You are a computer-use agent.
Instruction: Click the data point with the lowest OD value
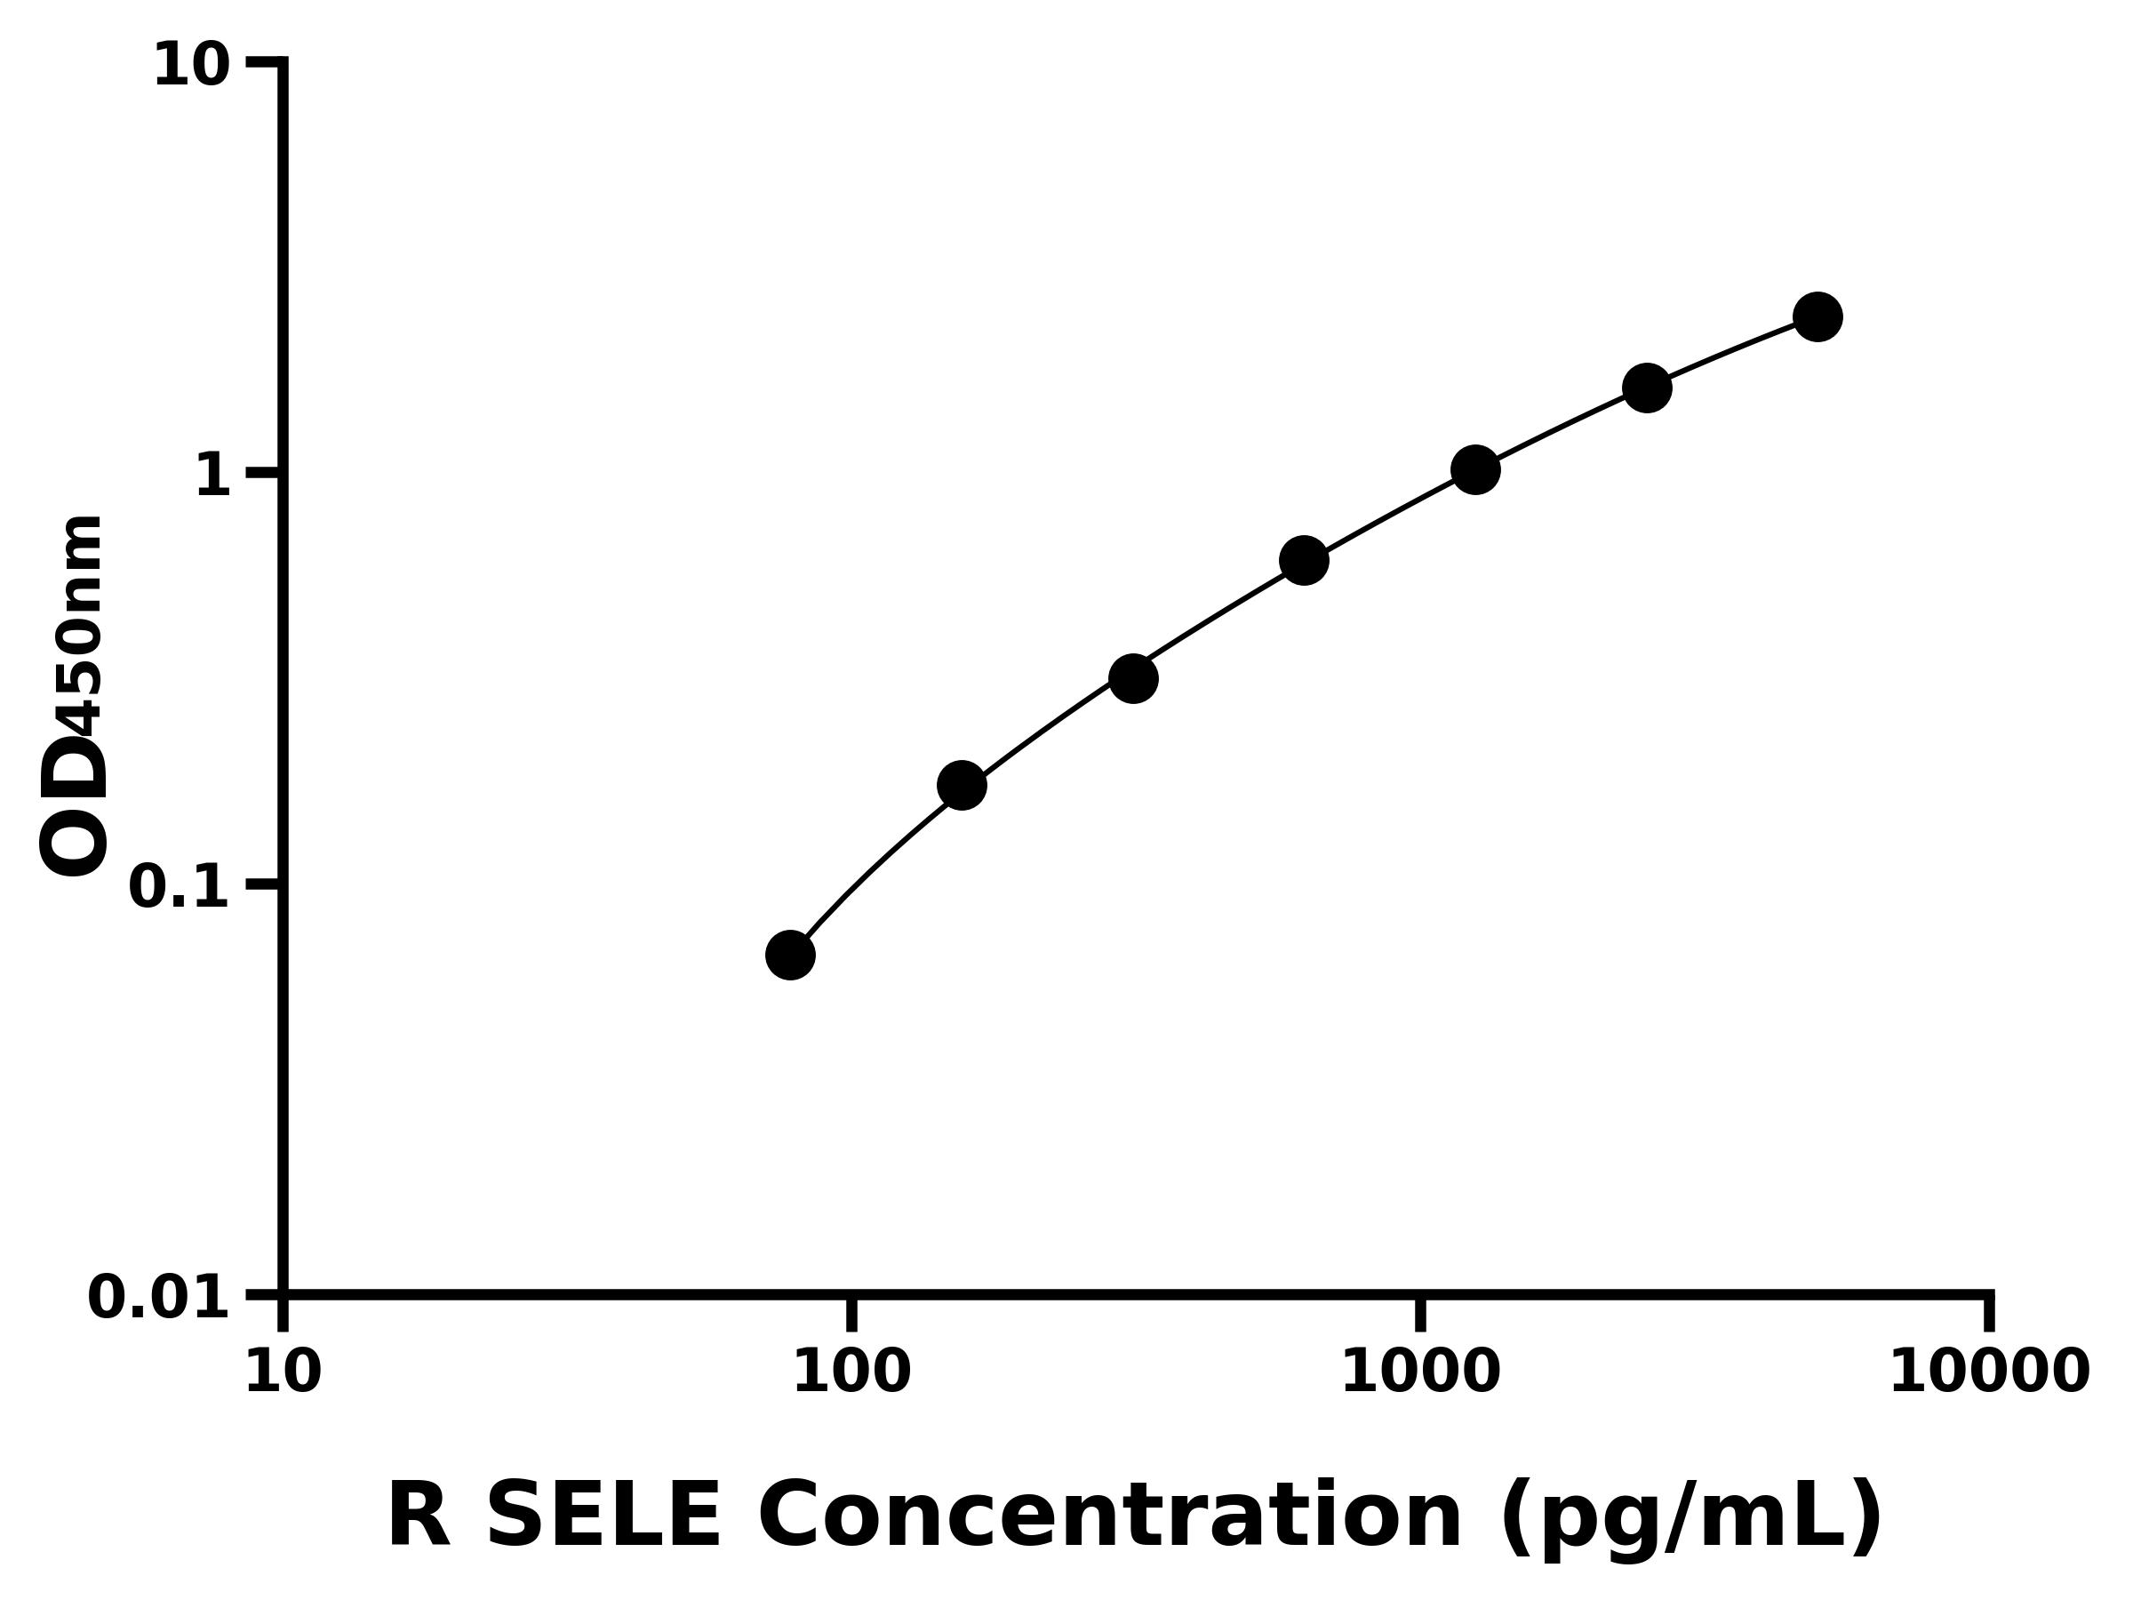[790, 955]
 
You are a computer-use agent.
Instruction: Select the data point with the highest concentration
[1817, 316]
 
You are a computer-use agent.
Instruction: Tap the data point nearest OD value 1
[1475, 469]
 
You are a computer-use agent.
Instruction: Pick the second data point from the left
[962, 785]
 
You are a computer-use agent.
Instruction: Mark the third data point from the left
[1133, 679]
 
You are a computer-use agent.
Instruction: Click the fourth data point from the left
[1304, 560]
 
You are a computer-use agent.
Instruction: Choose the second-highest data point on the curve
[1647, 388]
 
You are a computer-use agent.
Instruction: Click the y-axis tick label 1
[213, 476]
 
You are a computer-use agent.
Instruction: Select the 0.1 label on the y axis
[180, 887]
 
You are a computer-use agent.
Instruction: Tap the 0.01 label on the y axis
[159, 1298]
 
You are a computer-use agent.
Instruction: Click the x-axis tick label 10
[283, 1372]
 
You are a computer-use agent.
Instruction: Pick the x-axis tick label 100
[851, 1372]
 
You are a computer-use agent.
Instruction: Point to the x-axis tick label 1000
[1420, 1372]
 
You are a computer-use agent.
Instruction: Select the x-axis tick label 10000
[1988, 1372]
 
